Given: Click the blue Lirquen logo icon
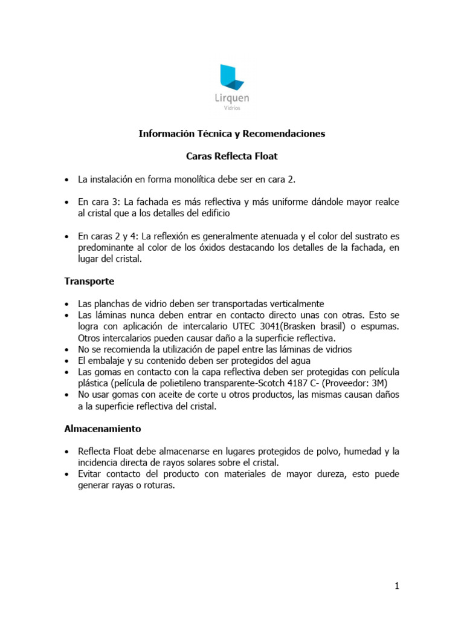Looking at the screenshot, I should coord(231,77).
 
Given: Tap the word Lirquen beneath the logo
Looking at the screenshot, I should coord(232,99).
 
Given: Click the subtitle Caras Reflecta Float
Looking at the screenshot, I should coord(231,156).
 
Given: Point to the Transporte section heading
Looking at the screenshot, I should coord(89,281).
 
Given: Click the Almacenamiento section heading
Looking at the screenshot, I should coord(103,429).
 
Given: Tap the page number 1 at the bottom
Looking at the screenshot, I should coord(396,586).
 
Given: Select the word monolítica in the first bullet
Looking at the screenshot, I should coord(181,180).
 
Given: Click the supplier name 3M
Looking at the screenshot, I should coord(378,383).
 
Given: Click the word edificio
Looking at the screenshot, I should coord(212,213).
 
